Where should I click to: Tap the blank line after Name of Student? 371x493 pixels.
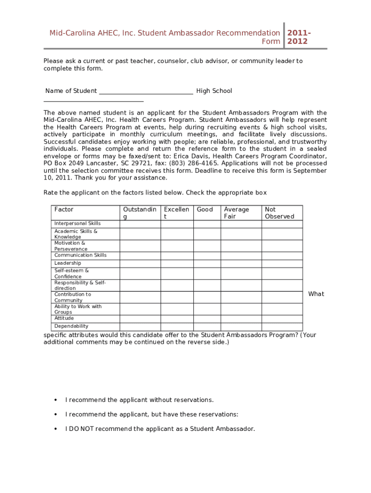pyautogui.click(x=146, y=91)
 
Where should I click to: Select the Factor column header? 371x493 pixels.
pyautogui.click(x=64, y=209)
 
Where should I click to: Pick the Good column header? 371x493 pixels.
pyautogui.click(x=205, y=209)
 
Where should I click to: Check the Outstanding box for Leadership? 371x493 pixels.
pyautogui.click(x=140, y=263)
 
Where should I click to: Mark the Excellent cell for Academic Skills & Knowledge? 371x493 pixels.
pyautogui.click(x=177, y=234)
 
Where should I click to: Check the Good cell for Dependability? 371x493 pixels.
pyautogui.click(x=207, y=326)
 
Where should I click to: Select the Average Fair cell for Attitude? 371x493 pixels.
pyautogui.click(x=241, y=319)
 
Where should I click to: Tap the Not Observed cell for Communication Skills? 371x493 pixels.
pyautogui.click(x=282, y=256)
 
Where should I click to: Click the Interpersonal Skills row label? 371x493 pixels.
pyautogui.click(x=78, y=223)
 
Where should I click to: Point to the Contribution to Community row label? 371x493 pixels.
pyautogui.click(x=73, y=297)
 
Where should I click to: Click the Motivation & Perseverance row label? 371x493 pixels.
pyautogui.click(x=70, y=246)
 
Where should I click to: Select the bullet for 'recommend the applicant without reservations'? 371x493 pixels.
pyautogui.click(x=55, y=400)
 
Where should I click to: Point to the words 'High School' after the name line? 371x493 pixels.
pyautogui.click(x=214, y=91)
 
